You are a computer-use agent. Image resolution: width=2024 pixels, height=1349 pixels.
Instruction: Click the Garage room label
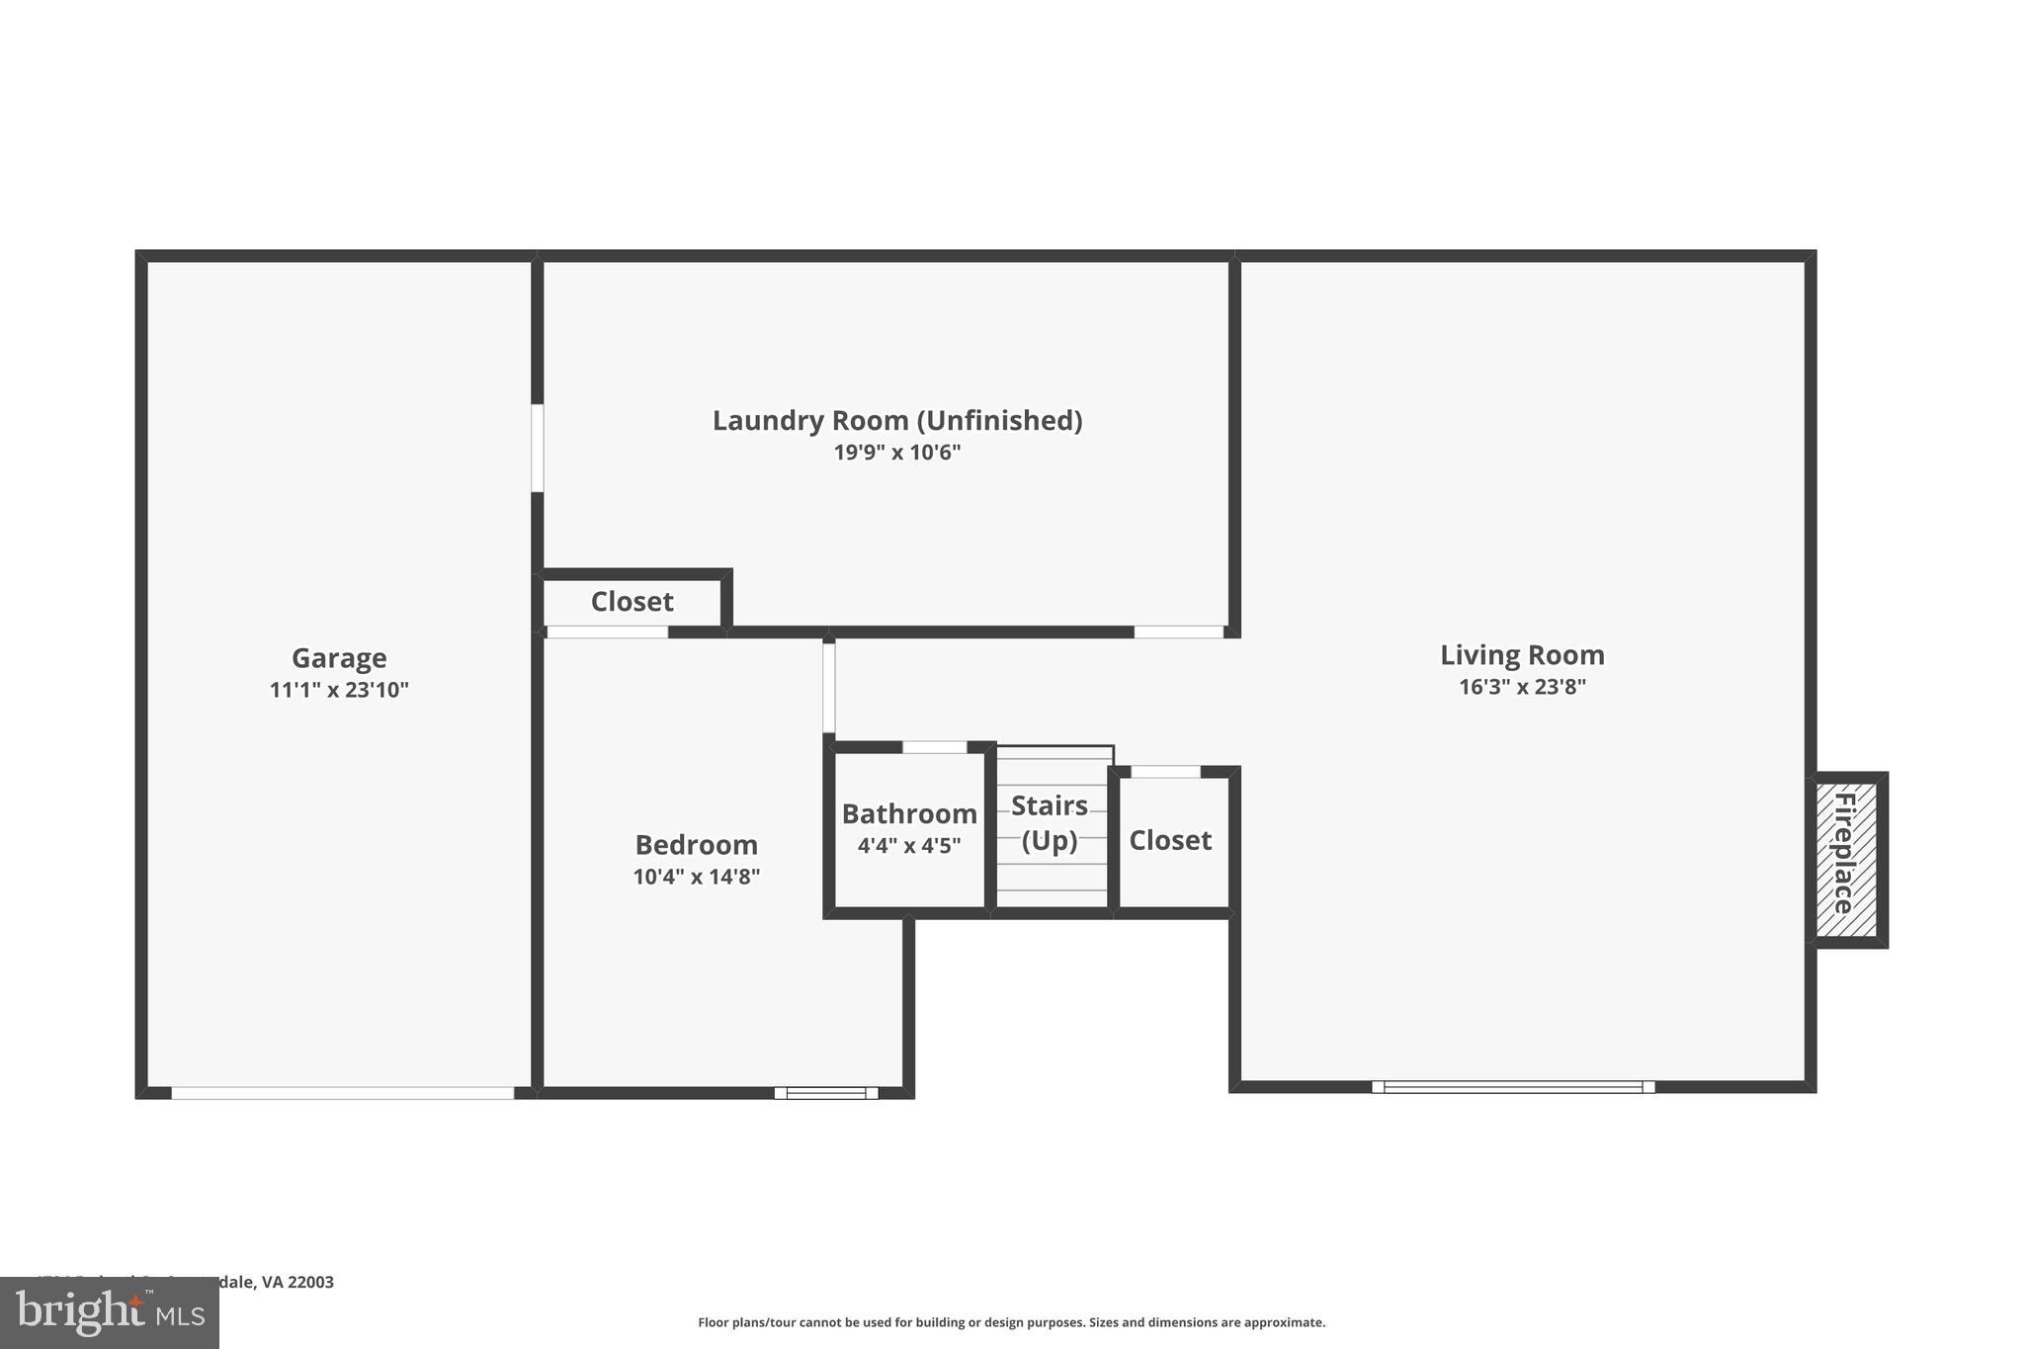(x=339, y=658)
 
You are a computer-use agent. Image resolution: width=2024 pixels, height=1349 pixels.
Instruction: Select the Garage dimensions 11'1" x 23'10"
(x=339, y=690)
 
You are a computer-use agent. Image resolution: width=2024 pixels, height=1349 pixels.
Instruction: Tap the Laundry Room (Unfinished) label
(x=897, y=421)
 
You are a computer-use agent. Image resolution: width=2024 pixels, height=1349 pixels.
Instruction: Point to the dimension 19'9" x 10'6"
(x=897, y=453)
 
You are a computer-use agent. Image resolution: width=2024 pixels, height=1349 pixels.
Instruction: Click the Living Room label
(x=1522, y=655)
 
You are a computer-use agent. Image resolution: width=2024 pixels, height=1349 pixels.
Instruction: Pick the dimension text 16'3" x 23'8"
(x=1522, y=687)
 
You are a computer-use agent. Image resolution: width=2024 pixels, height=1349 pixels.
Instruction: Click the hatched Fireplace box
(x=1846, y=858)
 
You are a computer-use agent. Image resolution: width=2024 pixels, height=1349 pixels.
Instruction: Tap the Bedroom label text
(x=696, y=845)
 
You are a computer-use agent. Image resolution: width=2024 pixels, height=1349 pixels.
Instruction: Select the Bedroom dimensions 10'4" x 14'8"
(x=696, y=877)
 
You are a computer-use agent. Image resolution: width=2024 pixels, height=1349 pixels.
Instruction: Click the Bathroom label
(x=909, y=814)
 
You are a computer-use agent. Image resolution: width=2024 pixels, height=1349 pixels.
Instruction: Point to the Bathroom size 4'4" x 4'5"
(x=909, y=846)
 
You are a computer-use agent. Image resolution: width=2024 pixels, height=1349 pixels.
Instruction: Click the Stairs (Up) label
(x=1050, y=822)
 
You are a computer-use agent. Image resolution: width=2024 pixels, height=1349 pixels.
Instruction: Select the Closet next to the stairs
(x=1170, y=840)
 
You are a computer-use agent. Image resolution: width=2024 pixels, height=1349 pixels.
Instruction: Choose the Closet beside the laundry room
(x=632, y=602)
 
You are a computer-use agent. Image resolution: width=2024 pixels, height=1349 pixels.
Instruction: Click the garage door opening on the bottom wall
(x=343, y=1093)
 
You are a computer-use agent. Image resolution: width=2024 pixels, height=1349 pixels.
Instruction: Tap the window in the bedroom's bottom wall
(x=826, y=1093)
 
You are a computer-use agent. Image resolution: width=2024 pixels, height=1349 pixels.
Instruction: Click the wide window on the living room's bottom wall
(x=1513, y=1087)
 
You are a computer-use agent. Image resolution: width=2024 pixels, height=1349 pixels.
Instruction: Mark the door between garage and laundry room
(x=538, y=448)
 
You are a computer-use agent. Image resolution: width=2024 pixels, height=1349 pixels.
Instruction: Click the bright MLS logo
(x=110, y=1312)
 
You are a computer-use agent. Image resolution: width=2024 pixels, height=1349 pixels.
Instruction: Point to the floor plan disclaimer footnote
(x=1011, y=1322)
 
